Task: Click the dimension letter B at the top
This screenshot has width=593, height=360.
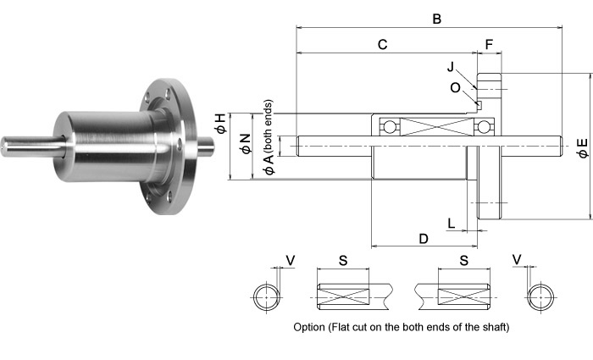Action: [436, 18]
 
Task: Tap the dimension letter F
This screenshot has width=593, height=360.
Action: [489, 44]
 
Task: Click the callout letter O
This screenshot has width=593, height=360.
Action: [455, 86]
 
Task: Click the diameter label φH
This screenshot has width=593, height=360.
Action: [220, 125]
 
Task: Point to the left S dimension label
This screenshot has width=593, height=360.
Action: [343, 261]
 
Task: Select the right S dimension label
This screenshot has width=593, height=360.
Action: [464, 261]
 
